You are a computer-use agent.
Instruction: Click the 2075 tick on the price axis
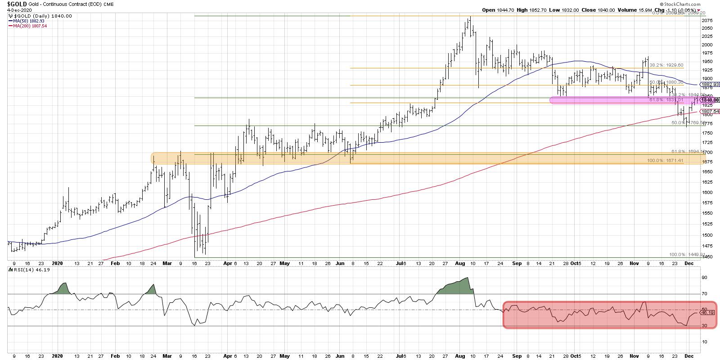click(707, 21)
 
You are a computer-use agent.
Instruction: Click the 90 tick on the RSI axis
click(705, 277)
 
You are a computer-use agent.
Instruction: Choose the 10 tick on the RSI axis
click(705, 342)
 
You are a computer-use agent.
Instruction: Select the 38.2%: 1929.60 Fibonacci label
click(666, 65)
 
